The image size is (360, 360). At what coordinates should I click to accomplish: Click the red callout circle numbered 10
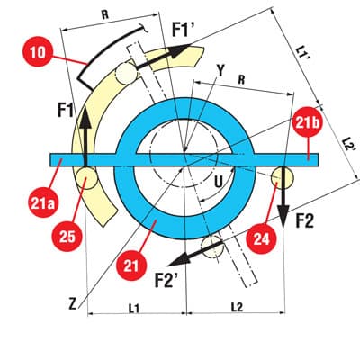(38, 52)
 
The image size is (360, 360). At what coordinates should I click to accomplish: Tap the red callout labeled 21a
(42, 203)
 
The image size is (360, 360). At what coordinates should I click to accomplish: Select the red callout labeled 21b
(306, 123)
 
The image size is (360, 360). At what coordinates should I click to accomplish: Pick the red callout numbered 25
(67, 237)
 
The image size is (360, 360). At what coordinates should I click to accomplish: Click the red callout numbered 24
(261, 239)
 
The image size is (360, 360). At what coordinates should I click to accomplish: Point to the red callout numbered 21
(131, 265)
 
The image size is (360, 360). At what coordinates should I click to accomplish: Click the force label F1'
(184, 29)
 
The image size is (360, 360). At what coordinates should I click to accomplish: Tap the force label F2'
(166, 280)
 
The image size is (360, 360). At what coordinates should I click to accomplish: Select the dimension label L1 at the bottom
(134, 308)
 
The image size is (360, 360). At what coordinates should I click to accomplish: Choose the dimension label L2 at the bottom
(237, 307)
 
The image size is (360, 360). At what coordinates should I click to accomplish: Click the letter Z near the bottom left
(73, 304)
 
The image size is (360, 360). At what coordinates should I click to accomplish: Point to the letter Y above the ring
(220, 71)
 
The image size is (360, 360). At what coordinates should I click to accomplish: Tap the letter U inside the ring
(219, 183)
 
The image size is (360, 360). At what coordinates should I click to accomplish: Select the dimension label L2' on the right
(349, 145)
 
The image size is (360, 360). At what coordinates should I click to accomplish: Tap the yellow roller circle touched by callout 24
(283, 177)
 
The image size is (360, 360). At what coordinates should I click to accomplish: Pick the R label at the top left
(105, 15)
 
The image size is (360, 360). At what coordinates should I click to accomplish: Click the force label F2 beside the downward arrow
(304, 222)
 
